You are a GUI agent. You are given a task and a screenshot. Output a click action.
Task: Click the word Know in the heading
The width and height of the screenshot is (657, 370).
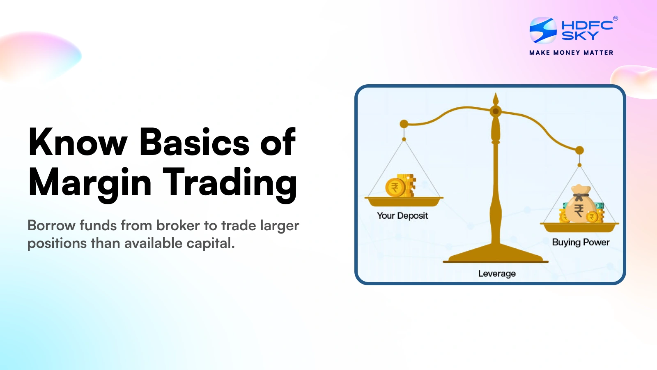pyautogui.click(x=78, y=142)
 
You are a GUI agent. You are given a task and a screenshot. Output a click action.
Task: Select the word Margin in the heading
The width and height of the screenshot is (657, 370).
pyautogui.click(x=90, y=183)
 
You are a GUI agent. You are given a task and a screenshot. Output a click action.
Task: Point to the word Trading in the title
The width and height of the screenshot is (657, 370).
pyautogui.click(x=230, y=183)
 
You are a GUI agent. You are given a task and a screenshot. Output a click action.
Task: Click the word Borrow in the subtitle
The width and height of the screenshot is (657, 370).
pyautogui.click(x=51, y=226)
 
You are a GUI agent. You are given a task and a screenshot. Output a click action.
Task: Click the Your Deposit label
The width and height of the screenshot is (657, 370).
pyautogui.click(x=402, y=216)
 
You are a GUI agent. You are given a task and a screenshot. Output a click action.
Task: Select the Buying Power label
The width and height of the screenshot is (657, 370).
pyautogui.click(x=581, y=242)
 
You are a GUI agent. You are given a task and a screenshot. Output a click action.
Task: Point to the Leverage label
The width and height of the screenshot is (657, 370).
pyautogui.click(x=497, y=273)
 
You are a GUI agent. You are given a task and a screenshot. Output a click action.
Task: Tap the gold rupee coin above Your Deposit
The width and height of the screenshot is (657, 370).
pyautogui.click(x=395, y=187)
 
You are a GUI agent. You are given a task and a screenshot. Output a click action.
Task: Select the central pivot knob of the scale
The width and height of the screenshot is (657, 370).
pyautogui.click(x=496, y=111)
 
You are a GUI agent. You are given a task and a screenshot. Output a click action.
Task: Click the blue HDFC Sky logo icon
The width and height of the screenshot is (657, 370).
pyautogui.click(x=543, y=30)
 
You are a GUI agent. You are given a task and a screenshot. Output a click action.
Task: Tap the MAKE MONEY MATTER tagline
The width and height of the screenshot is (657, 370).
pyautogui.click(x=571, y=53)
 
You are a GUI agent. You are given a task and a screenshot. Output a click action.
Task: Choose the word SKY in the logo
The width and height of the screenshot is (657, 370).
pyautogui.click(x=580, y=36)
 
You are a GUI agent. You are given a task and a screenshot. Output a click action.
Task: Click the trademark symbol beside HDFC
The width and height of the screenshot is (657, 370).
pyautogui.click(x=615, y=18)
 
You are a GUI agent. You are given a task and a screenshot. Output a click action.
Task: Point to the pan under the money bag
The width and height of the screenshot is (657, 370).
pyautogui.click(x=579, y=227)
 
